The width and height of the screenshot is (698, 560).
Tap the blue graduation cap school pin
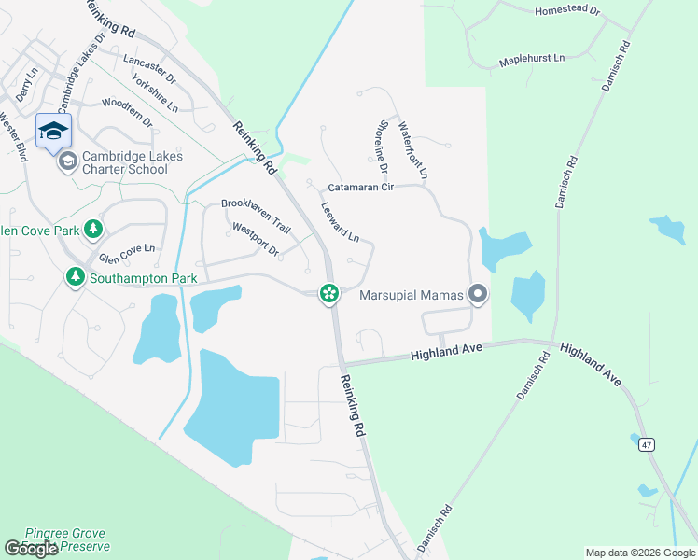(53, 131)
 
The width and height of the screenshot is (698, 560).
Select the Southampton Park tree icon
(75, 277)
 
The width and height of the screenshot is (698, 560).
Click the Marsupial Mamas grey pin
(478, 296)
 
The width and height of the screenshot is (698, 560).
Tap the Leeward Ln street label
(341, 223)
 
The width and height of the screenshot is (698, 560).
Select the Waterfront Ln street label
(412, 150)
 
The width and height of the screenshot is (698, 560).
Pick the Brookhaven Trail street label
(256, 215)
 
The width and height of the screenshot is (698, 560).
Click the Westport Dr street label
(256, 239)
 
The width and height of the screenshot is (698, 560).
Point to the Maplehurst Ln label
(532, 58)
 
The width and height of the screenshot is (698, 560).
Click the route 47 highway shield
(646, 444)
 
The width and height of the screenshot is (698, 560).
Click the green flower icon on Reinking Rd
(328, 293)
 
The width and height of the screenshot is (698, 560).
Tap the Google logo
(32, 549)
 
